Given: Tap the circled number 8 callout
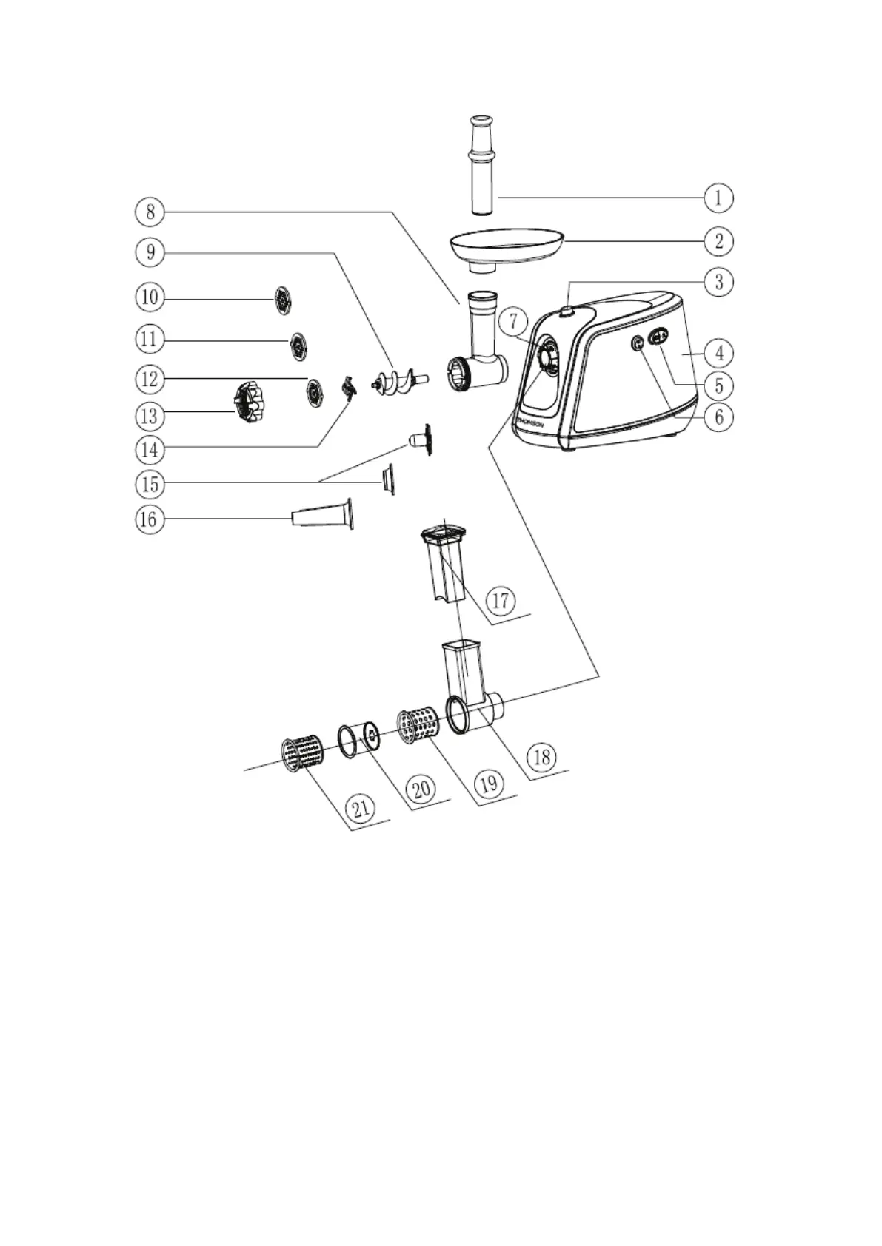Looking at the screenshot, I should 150,212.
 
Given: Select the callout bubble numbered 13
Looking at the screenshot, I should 150,416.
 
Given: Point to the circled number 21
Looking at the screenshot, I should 361,808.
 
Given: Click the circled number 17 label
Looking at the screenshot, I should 501,599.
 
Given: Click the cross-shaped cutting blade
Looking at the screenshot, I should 347,388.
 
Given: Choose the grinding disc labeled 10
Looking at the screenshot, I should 283,300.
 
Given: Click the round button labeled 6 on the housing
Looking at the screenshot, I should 636,343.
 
